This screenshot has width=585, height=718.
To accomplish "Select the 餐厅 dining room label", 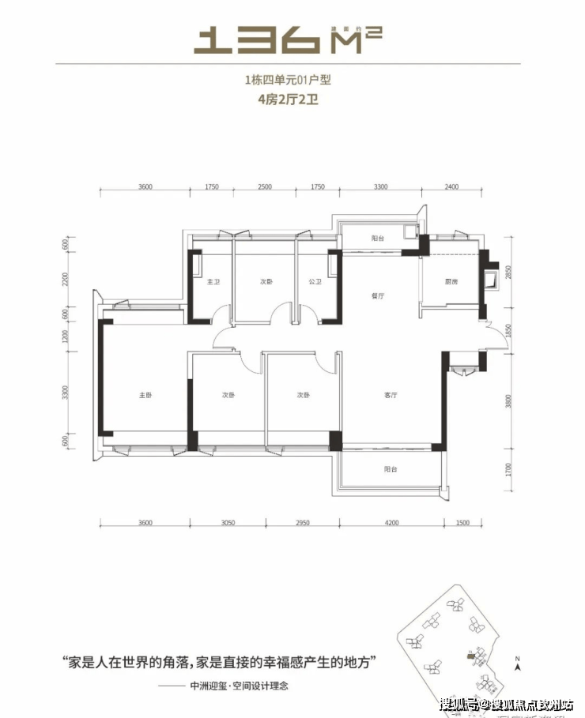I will pos(377,296).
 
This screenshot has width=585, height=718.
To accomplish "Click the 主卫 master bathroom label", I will pos(212,282).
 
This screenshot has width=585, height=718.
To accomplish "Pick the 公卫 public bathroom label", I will pos(314,282).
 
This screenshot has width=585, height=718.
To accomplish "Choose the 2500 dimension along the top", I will pos(265,188).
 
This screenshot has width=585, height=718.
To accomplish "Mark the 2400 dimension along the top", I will pos(451,188).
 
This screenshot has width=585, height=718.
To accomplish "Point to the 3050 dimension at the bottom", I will pos(227,522).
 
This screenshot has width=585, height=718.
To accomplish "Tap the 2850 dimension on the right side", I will pos(508,273).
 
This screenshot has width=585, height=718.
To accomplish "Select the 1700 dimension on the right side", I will pos(508,472).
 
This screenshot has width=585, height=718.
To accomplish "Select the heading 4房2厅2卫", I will pos(292,100).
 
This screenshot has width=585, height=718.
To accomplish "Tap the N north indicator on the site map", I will pos(515,658).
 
